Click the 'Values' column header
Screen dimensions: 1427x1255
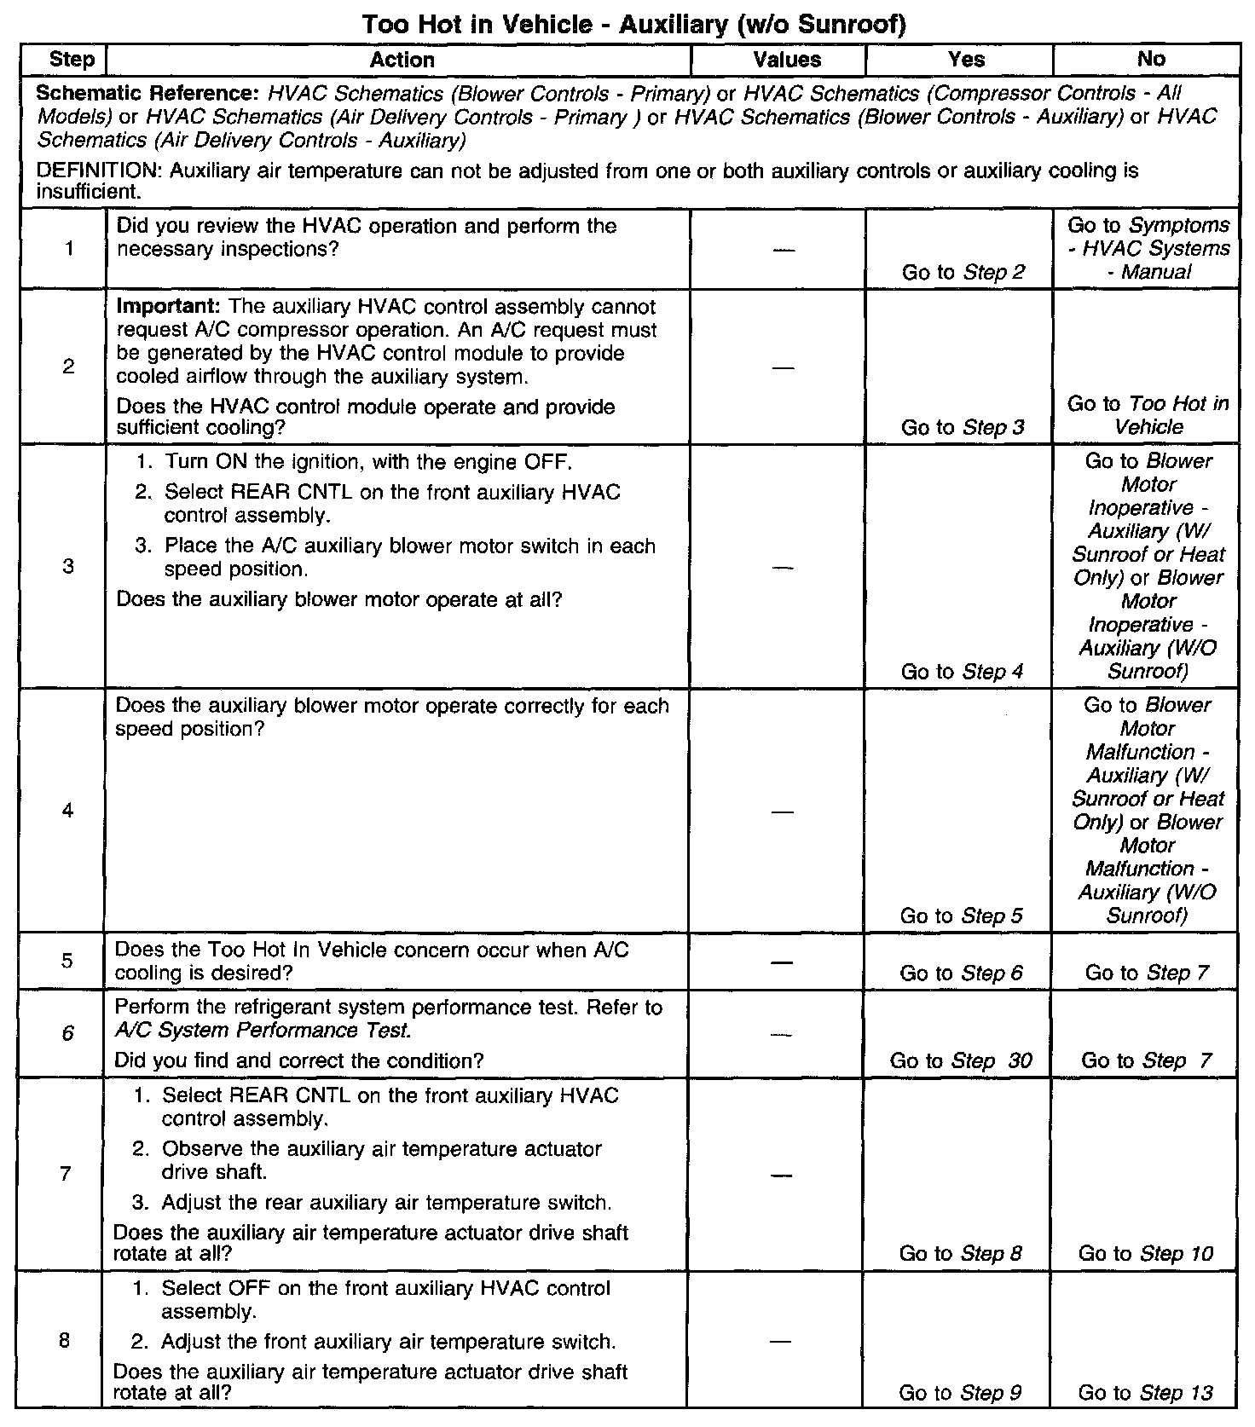pos(787,60)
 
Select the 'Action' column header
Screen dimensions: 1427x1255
pos(402,60)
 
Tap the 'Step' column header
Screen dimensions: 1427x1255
pos(72,60)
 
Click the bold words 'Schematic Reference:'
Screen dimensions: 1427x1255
pos(147,93)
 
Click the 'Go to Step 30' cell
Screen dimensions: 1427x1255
pos(961,1060)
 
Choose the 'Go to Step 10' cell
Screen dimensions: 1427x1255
pos(1145,1253)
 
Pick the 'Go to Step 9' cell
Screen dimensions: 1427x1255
pos(960,1393)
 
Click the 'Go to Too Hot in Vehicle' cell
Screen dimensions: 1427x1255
pos(1148,415)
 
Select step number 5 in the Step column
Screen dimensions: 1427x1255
pos(67,961)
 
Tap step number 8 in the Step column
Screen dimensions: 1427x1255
pos(65,1341)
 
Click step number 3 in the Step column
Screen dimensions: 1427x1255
pos(68,567)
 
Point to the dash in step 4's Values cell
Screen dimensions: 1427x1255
pos(783,812)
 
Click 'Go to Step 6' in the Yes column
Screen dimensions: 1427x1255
pos(961,973)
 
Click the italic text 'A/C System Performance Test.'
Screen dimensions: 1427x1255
pos(263,1031)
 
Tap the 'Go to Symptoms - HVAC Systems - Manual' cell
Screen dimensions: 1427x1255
pos(1148,248)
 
